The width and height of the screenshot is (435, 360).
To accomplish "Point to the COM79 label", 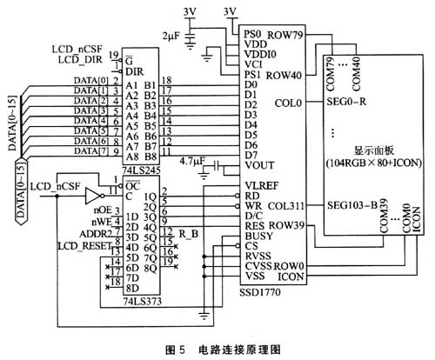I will point(331,67).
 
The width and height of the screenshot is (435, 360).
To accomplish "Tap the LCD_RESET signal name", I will point(81,246).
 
